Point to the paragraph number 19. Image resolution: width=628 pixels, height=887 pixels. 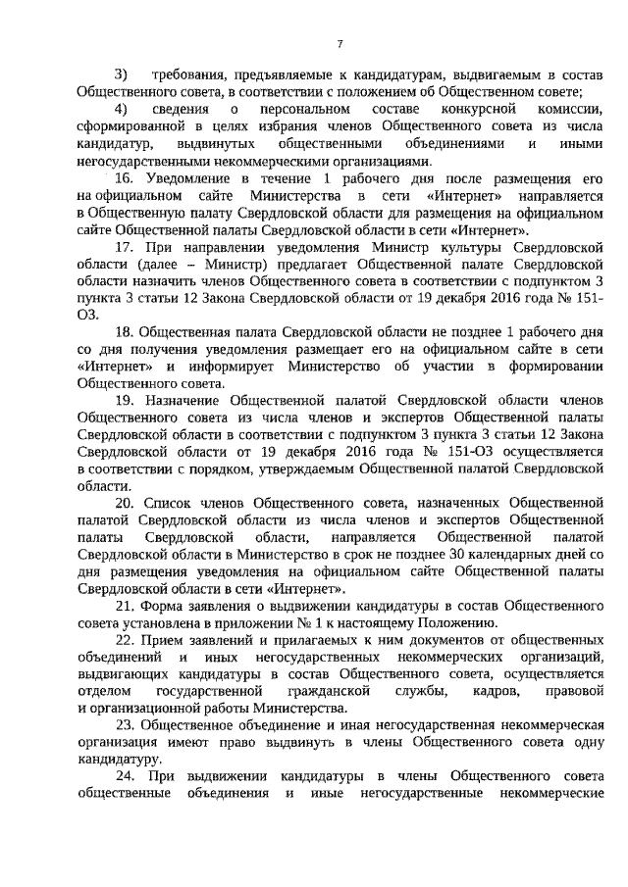tap(125, 402)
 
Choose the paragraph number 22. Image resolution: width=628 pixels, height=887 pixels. tap(125, 639)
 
